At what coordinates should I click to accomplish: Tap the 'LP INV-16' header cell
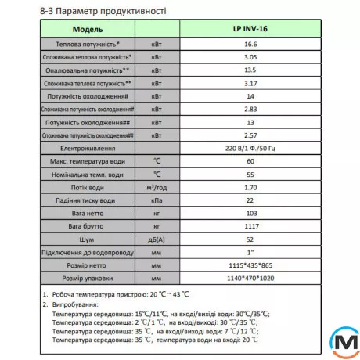click(x=250, y=29)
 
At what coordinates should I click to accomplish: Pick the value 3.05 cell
click(x=250, y=59)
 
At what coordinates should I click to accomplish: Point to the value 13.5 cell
click(x=250, y=70)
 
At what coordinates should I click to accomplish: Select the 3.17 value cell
click(x=250, y=83)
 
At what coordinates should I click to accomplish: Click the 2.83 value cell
click(x=250, y=108)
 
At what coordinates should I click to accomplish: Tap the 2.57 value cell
click(x=250, y=135)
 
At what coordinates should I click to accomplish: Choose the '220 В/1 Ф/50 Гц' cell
click(x=250, y=148)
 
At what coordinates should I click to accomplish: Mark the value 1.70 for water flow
click(x=250, y=188)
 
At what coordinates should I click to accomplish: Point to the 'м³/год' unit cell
click(x=157, y=188)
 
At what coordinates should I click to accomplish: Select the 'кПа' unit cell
click(x=157, y=201)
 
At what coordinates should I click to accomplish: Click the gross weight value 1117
click(x=250, y=226)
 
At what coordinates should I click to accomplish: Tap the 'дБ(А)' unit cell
click(x=157, y=239)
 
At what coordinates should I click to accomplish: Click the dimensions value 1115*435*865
click(x=250, y=266)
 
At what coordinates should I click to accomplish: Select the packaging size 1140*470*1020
click(x=250, y=279)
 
